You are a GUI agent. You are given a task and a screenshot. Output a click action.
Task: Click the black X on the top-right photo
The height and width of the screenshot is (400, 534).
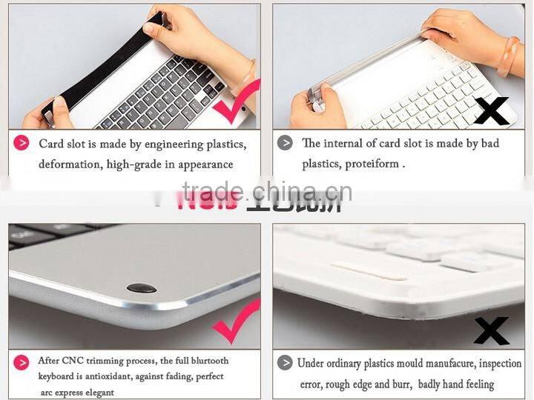pos(493,111)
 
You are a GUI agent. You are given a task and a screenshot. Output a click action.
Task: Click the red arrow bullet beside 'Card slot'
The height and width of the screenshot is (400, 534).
pos(23,143)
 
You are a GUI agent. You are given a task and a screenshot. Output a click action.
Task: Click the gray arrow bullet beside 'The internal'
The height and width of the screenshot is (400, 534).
pos(285,143)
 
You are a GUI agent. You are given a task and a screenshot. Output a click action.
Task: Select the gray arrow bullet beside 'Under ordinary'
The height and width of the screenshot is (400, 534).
pos(285,363)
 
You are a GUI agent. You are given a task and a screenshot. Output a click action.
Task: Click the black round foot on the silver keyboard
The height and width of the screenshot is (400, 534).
pos(141,287)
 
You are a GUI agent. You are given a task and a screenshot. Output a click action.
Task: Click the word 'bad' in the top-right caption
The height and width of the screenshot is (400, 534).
pos(489,143)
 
